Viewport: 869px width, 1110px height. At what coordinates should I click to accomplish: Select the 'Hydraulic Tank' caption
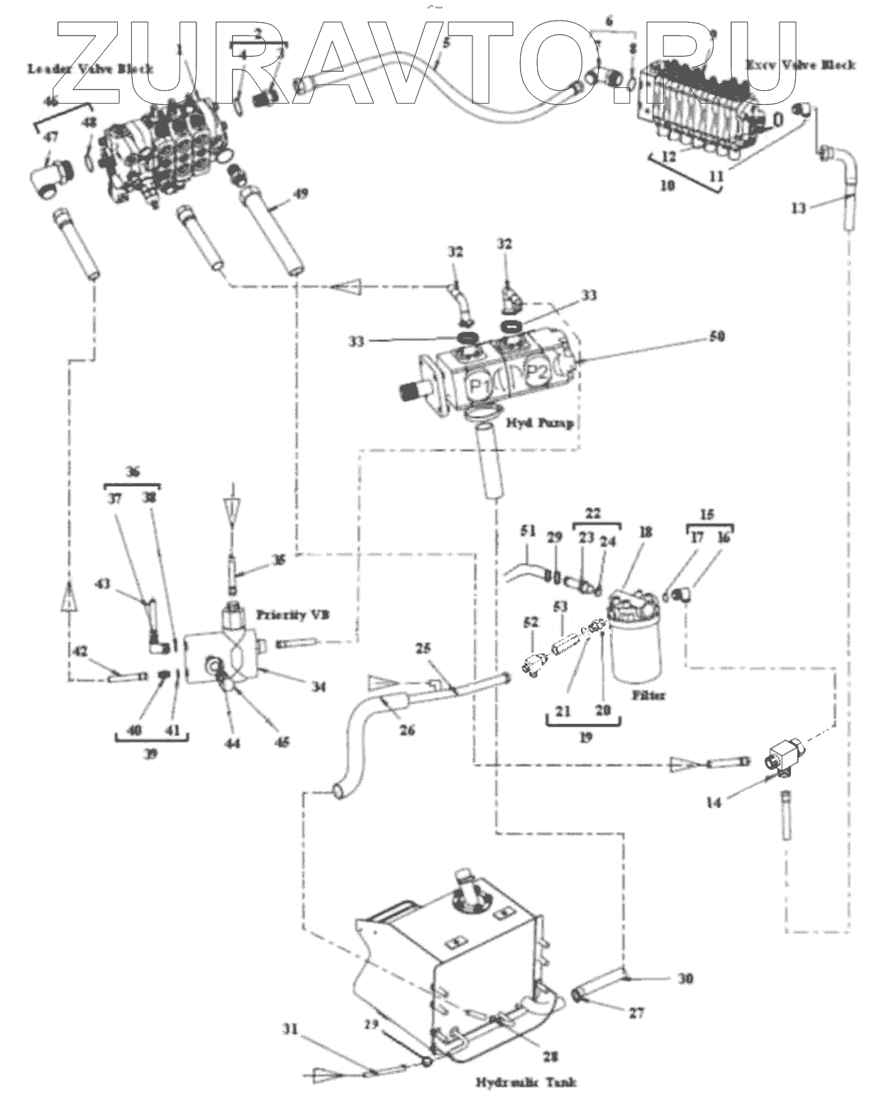(x=526, y=1082)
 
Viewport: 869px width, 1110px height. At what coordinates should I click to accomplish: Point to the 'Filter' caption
(x=648, y=696)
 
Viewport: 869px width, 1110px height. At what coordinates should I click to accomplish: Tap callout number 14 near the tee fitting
(x=714, y=802)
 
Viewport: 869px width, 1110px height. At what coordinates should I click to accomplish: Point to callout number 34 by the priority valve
(x=319, y=687)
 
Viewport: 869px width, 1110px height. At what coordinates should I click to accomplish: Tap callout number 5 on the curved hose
(x=445, y=43)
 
